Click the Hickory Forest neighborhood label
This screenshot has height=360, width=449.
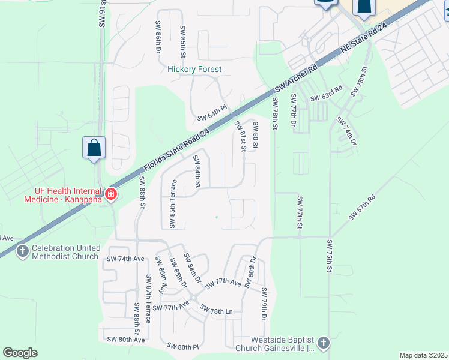click(194, 70)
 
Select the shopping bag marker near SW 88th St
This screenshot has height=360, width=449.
click(94, 148)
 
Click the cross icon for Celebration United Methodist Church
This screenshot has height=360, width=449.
click(22, 251)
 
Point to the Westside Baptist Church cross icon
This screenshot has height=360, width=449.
click(324, 343)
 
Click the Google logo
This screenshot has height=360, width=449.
click(20, 353)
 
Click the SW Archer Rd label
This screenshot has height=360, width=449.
click(295, 76)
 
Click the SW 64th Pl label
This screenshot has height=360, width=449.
click(211, 114)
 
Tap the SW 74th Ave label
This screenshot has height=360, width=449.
click(125, 259)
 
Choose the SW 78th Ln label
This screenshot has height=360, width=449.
click(216, 310)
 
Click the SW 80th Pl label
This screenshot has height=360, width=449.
click(182, 347)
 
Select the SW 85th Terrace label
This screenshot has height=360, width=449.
click(172, 203)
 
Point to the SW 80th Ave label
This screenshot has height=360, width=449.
click(126, 340)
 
